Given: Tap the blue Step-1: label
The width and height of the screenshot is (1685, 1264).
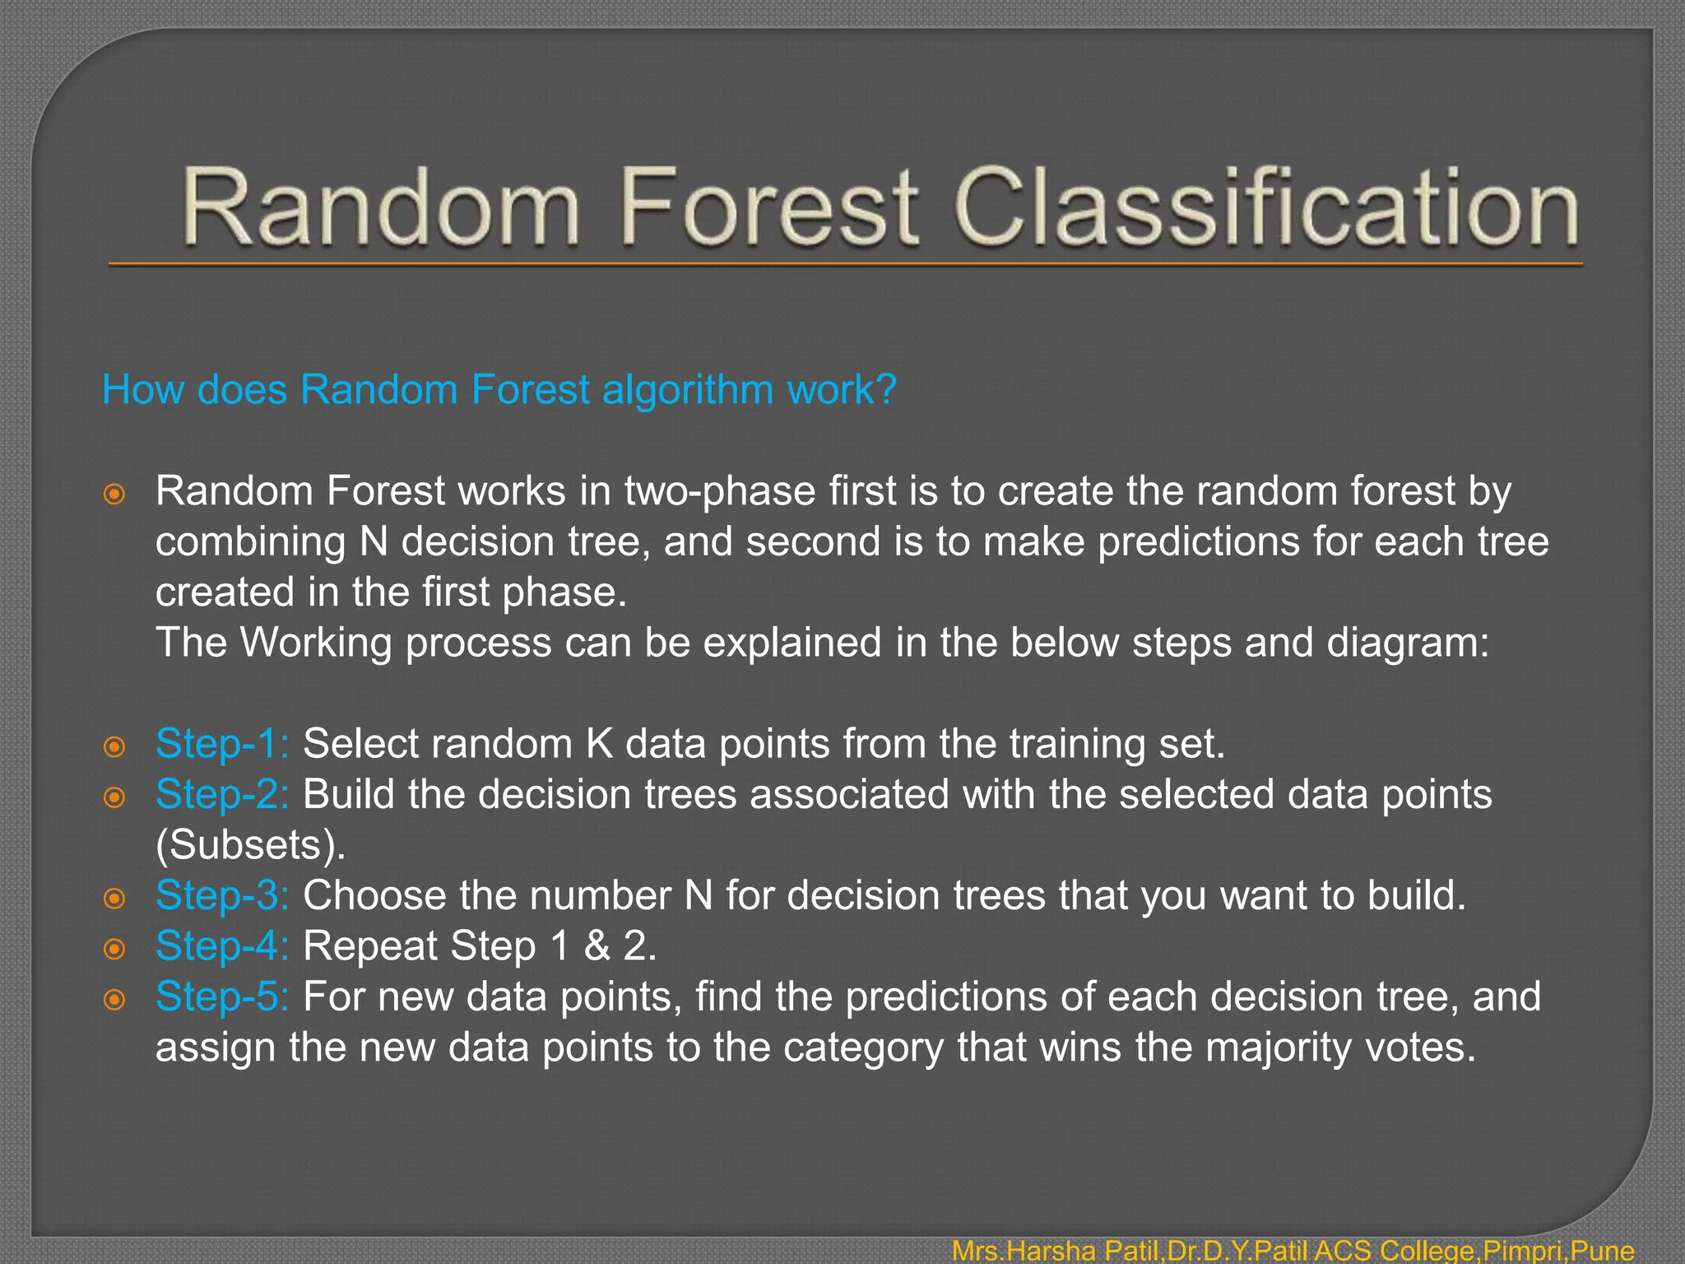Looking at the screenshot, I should [222, 744].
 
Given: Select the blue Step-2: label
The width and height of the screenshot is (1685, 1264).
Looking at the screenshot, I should [222, 795].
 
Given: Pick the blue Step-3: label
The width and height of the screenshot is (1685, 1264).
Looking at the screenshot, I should [222, 895].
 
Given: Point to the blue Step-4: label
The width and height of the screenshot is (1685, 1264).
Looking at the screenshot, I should [222, 946].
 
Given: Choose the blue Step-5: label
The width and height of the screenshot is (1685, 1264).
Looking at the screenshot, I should [222, 997].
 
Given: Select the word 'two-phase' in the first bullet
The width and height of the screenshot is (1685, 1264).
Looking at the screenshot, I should [719, 492].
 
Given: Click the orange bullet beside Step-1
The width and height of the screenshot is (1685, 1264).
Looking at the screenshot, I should [114, 747].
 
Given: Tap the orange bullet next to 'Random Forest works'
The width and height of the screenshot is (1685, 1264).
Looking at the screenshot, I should [114, 495].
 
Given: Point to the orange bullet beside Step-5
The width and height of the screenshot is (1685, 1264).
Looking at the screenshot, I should [114, 1000].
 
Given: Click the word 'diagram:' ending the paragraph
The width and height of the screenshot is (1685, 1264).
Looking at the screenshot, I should [1408, 644].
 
